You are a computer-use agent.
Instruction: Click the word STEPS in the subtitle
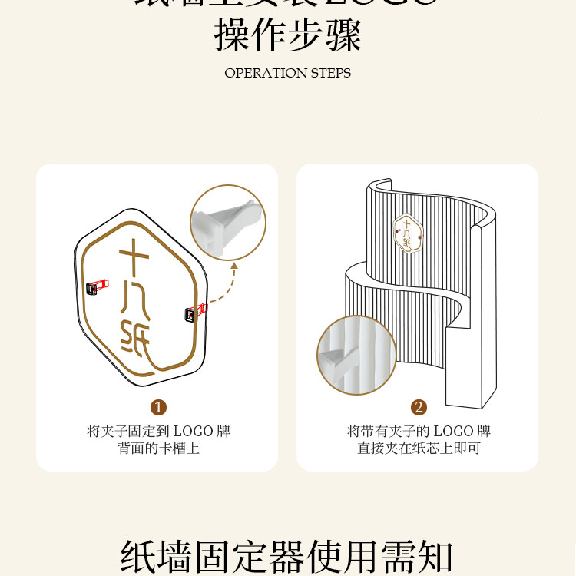331,74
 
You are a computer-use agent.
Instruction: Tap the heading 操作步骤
287,35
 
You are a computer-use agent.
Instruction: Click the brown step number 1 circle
159,407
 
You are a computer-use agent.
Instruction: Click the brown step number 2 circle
419,407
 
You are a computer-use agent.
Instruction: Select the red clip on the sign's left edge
95,287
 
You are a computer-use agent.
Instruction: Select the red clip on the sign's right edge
195,312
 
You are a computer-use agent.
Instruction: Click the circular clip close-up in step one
228,222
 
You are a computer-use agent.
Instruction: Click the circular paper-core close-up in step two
356,355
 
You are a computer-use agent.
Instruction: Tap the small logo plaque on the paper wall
408,233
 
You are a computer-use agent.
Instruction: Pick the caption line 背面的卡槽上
158,448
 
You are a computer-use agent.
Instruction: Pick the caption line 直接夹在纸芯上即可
419,448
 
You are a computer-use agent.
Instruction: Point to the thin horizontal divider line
287,121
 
